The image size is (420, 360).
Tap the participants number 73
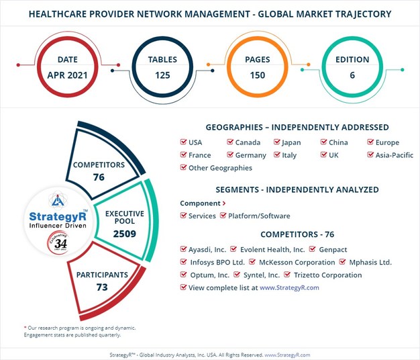(103, 287)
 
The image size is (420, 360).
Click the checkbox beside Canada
(230, 142)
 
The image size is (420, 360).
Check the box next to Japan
(276, 142)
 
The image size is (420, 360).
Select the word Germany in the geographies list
(250, 155)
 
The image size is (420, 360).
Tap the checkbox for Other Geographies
(184, 168)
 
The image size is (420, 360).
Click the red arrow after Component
(224, 203)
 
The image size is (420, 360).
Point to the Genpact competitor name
(333, 249)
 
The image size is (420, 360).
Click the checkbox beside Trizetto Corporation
(288, 275)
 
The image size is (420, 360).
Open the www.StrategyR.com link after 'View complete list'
(289, 287)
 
